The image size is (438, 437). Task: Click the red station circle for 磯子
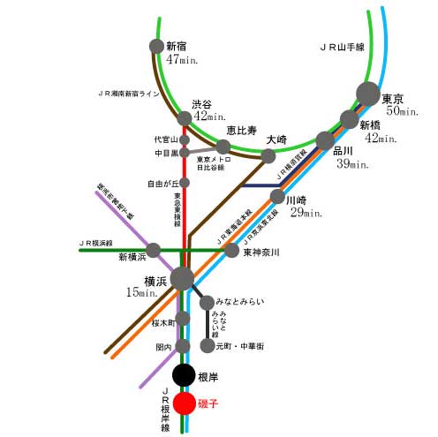(x=184, y=404)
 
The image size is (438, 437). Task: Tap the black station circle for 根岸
(x=184, y=375)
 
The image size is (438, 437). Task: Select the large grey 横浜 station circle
(x=182, y=278)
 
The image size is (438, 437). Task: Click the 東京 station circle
(x=367, y=93)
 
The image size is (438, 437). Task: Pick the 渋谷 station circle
(x=185, y=118)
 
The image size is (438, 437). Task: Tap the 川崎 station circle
(x=277, y=197)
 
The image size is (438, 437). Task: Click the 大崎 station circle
(x=268, y=156)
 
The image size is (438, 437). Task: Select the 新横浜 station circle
(x=155, y=251)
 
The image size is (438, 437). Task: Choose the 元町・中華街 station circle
(x=208, y=345)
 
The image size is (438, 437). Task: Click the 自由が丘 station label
(x=163, y=184)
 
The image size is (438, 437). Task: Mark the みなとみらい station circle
(x=208, y=303)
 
